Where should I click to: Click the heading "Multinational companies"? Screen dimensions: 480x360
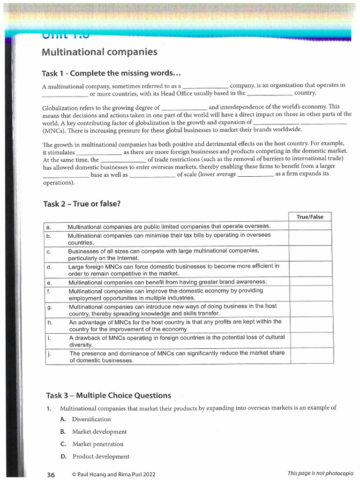pos(99,52)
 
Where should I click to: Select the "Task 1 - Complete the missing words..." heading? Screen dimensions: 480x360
pos(112,74)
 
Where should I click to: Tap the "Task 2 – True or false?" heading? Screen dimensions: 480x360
pos(82,203)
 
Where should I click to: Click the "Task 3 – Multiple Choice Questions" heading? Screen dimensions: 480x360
pos(108,395)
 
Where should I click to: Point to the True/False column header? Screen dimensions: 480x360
pos(310,217)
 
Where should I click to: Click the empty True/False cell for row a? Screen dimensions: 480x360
pos(311,226)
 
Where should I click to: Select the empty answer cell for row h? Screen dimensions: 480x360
pos(311,325)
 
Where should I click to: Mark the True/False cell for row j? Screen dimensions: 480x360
pos(311,356)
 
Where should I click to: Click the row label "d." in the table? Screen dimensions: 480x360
pos(49,267)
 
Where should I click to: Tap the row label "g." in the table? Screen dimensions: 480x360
pos(49,307)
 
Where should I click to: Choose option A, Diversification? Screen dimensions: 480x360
pos(91,419)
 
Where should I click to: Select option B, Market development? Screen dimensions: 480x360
pos(99,432)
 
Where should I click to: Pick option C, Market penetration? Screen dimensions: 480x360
pos(97,444)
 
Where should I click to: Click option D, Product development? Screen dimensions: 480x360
pos(100,457)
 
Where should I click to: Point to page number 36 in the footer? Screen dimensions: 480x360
pos(51,474)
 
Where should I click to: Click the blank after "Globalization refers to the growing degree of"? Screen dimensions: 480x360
pos(184,108)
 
